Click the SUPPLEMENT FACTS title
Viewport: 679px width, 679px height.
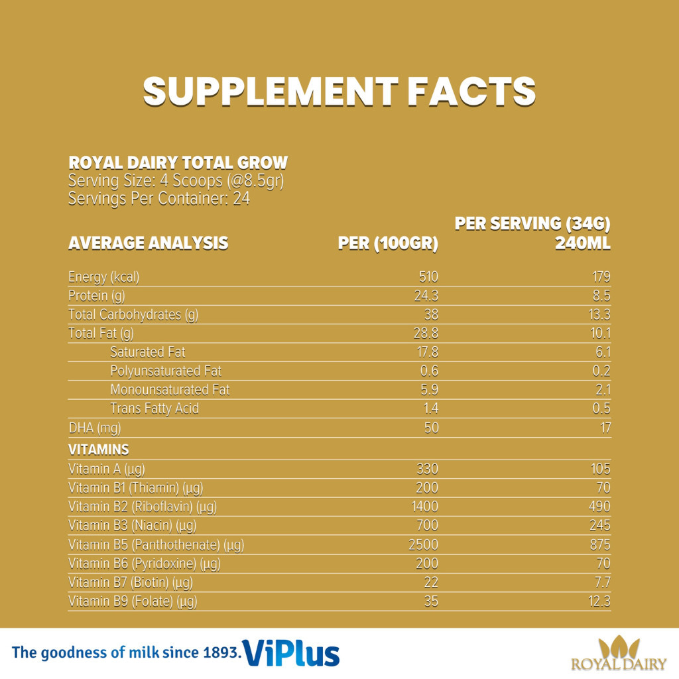click(339, 91)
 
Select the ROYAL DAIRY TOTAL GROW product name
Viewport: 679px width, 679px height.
click(178, 163)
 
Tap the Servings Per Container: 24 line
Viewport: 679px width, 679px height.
click(159, 198)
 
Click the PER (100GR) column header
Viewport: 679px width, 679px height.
click(388, 243)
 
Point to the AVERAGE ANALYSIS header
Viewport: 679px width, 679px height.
click(148, 243)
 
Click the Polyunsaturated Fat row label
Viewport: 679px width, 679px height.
click(166, 371)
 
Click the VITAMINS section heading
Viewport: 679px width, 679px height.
click(99, 450)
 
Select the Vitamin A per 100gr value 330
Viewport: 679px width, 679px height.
click(428, 469)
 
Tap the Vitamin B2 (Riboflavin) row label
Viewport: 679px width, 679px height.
click(143, 507)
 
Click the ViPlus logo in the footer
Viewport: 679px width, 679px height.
click(292, 652)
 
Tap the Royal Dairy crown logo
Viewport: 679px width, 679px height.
click(619, 647)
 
